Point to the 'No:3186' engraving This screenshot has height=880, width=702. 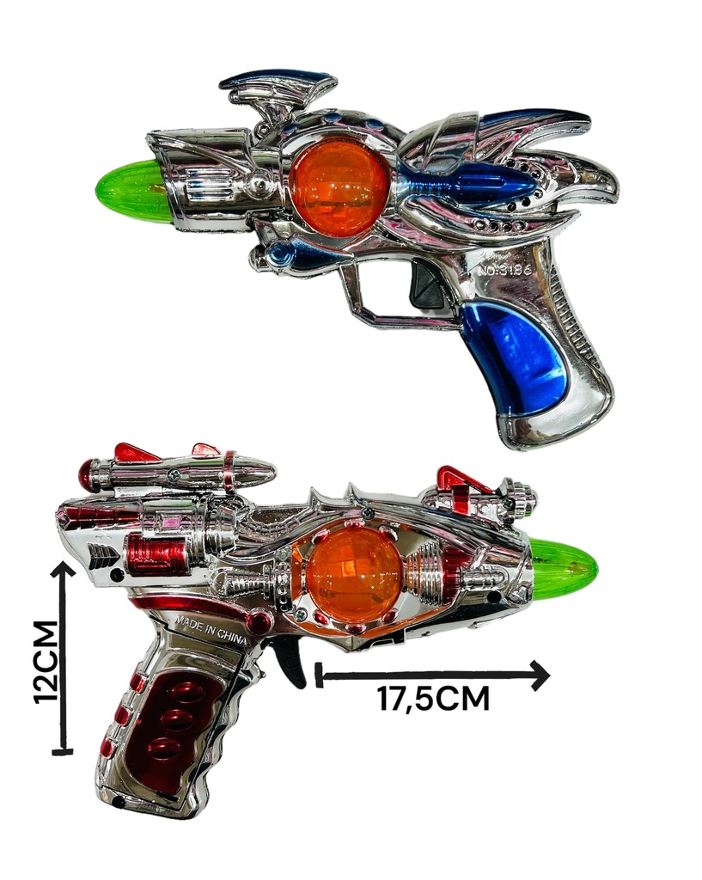pyautogui.click(x=504, y=270)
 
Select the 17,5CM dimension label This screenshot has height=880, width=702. pyautogui.click(x=433, y=699)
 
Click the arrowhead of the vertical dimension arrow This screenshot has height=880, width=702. pyautogui.click(x=63, y=571)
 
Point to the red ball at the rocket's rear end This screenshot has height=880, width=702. pyautogui.click(x=89, y=474)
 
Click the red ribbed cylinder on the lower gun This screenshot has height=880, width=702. pyautogui.click(x=155, y=554)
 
